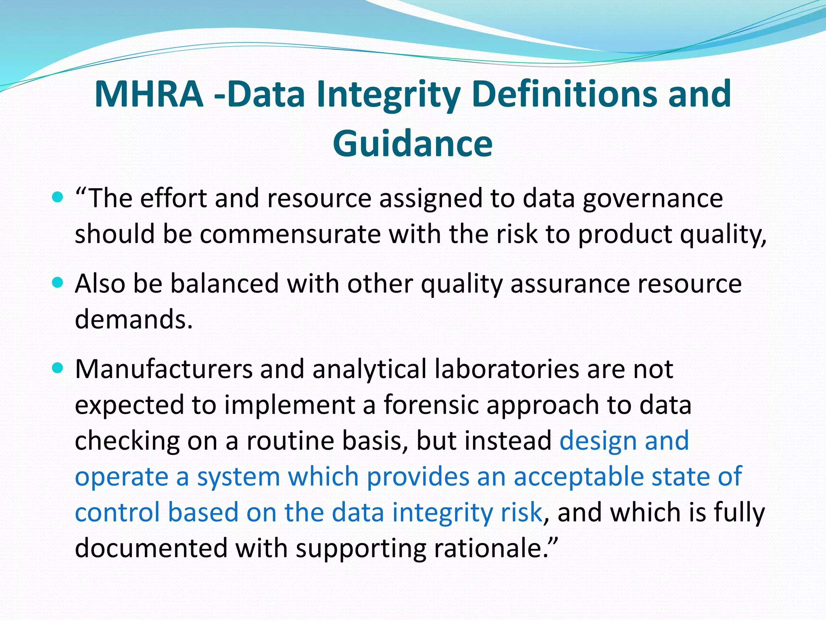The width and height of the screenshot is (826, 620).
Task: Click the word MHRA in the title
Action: tap(149, 94)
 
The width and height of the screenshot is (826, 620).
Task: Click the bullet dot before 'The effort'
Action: tap(58, 197)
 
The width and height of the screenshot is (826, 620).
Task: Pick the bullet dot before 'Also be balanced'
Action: tap(58, 283)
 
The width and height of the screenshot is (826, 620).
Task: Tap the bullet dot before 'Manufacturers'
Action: tap(58, 368)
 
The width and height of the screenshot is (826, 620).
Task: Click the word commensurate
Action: tap(290, 234)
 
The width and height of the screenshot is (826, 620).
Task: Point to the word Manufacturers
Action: tap(163, 369)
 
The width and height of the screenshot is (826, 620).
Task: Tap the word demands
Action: tap(133, 319)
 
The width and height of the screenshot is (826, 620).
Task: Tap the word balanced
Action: tap(224, 284)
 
